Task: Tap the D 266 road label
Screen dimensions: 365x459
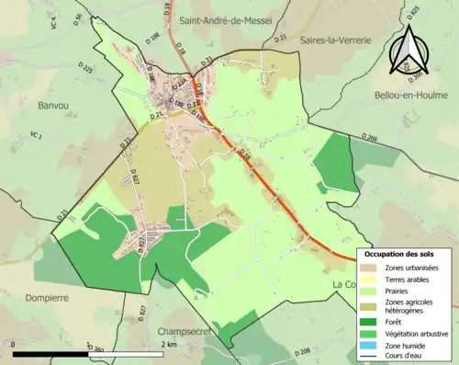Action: (370, 138)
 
